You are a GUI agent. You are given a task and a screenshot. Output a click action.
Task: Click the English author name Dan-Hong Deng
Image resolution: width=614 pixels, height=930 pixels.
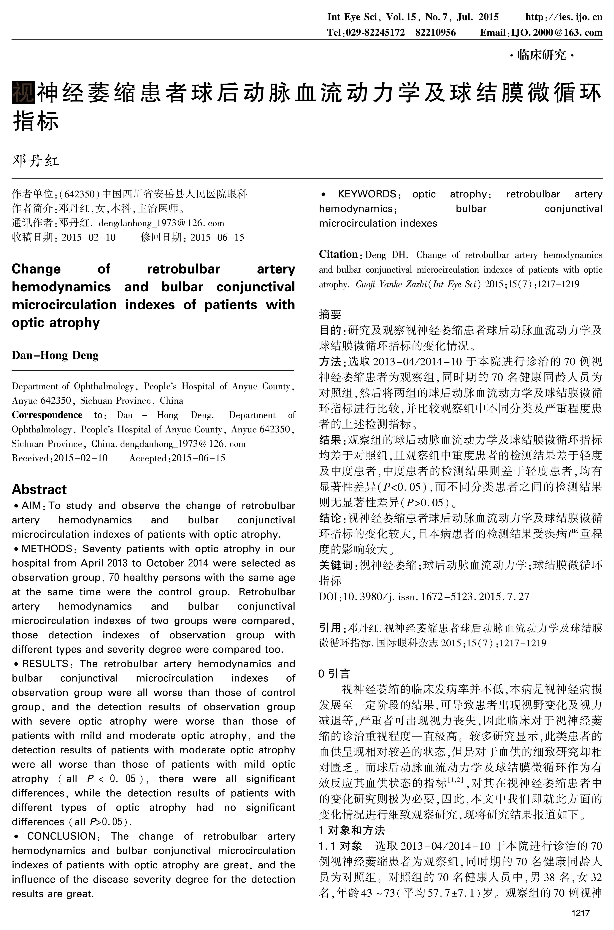click(x=55, y=355)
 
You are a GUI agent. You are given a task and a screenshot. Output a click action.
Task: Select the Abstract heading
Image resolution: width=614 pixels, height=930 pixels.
click(x=39, y=489)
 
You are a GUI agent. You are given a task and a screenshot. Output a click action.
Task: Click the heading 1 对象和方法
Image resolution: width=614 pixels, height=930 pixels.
click(x=352, y=830)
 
